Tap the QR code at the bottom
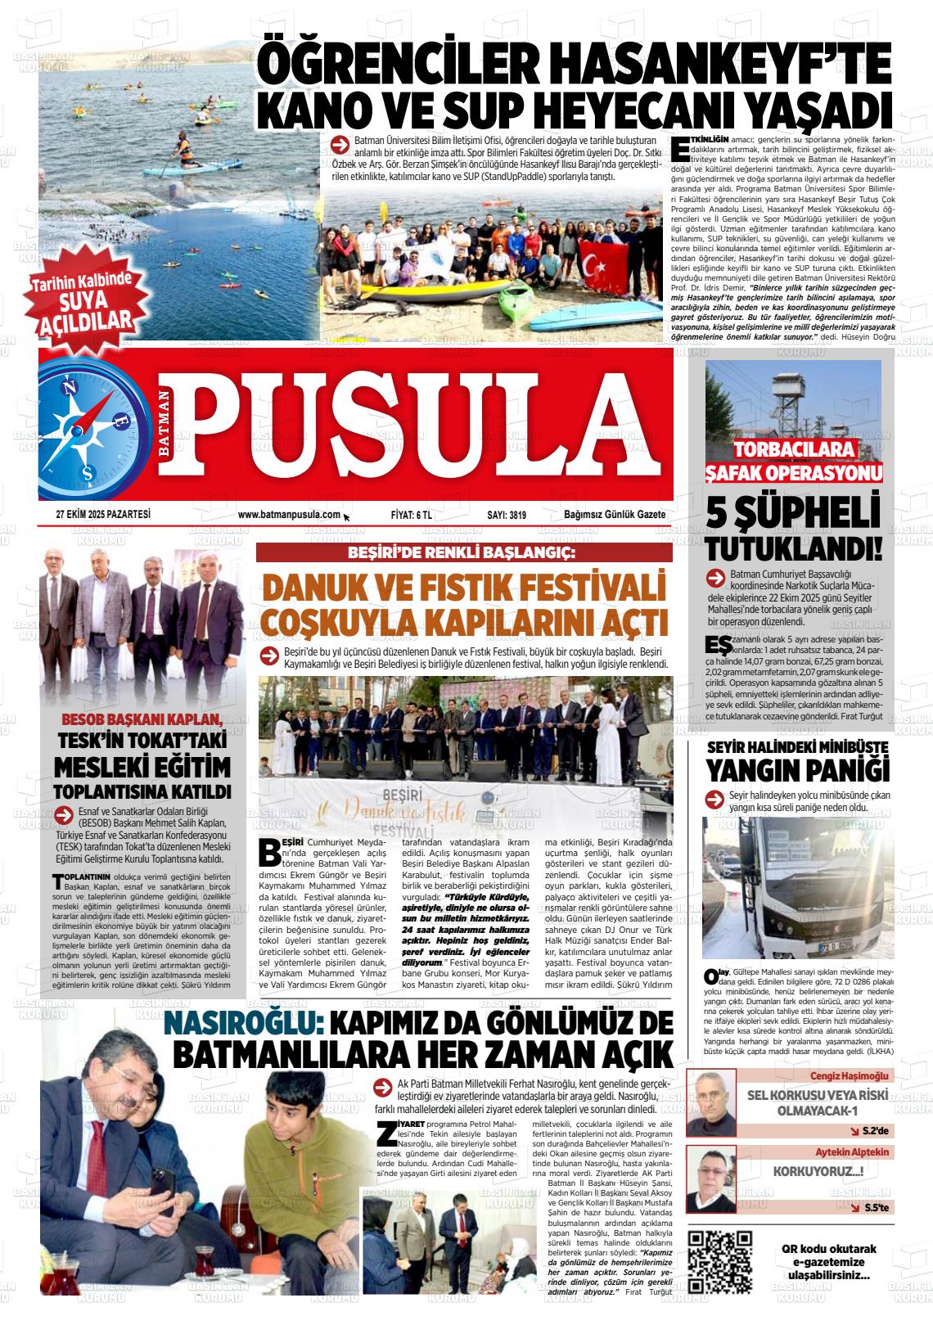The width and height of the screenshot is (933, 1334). click(x=720, y=1260)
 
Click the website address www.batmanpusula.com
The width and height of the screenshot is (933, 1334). click(x=288, y=515)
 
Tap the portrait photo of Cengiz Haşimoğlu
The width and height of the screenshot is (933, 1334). click(x=710, y=1101)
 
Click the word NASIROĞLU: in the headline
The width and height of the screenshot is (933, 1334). click(x=233, y=1024)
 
